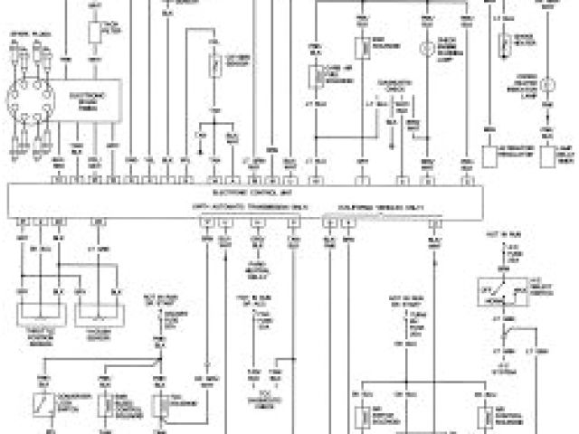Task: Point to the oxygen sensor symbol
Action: [x=214, y=64]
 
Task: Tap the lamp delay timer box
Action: [x=548, y=156]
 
